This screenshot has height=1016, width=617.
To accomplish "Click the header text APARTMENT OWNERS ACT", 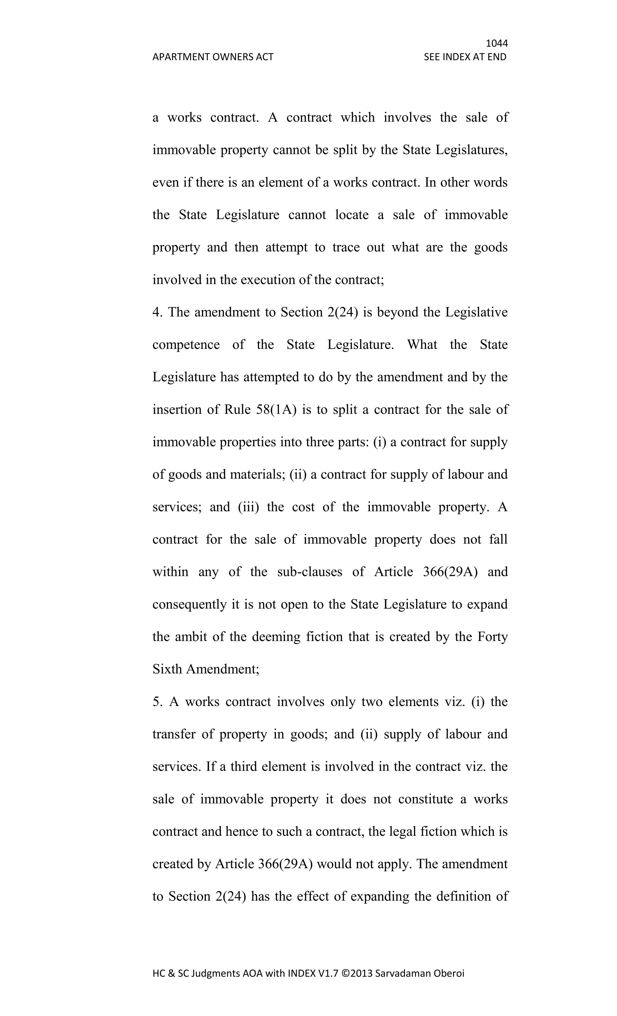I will (x=213, y=57).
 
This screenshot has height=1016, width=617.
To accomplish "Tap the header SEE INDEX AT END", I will (x=465, y=57).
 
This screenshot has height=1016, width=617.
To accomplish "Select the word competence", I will (x=186, y=345).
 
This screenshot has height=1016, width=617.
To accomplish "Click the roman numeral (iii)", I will (x=248, y=507).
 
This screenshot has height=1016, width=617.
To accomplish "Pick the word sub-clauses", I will (x=309, y=572).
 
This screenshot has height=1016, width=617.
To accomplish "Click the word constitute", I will (x=425, y=799).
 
